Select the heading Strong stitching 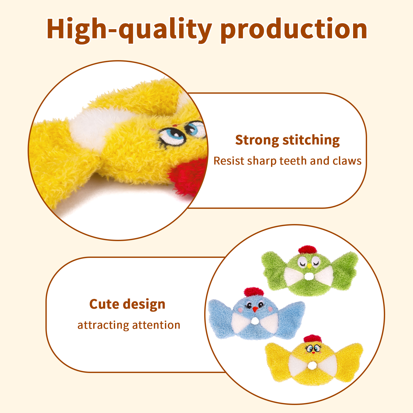pos(287,140)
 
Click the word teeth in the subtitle pos(293,161)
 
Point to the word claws pos(347,161)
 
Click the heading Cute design pos(127,304)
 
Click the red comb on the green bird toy pos(307,250)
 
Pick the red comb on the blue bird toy pos(254,292)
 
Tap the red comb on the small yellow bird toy pos(313,339)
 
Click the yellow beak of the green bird pos(309,265)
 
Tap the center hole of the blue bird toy pos(255,321)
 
